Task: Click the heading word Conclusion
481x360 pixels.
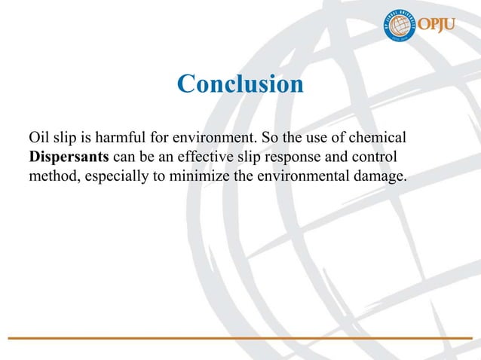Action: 240,84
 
